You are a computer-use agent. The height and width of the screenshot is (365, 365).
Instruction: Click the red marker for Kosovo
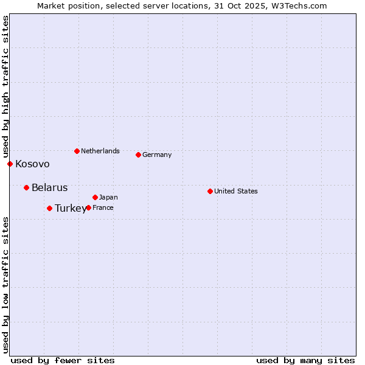point(10,164)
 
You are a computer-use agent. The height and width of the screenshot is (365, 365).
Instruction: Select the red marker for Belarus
point(26,187)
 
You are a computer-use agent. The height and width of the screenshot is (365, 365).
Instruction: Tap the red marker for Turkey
point(49,208)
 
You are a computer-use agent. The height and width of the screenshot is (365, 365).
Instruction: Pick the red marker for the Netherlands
point(77,151)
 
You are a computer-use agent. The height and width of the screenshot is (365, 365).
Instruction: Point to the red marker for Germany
point(138,155)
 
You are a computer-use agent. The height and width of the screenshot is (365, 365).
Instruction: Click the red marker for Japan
point(95,197)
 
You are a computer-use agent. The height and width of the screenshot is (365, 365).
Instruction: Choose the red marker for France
point(88,207)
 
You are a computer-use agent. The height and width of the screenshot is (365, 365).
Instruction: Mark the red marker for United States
point(210,191)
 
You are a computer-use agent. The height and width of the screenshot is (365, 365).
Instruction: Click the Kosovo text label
point(32,164)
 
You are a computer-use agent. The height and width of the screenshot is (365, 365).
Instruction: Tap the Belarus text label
point(49,188)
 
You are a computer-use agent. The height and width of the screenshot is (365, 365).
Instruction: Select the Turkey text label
point(71,209)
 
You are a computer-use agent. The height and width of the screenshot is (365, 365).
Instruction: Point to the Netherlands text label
point(100,151)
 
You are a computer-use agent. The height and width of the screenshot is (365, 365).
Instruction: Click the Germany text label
point(157,155)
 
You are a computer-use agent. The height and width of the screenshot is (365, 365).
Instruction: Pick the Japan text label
point(108,198)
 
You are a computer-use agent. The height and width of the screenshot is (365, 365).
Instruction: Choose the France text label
point(103,208)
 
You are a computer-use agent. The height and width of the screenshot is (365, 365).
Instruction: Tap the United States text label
point(236,192)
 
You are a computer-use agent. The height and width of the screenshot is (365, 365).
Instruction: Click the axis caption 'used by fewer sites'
point(63,360)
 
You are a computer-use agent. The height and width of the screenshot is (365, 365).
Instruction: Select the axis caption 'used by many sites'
point(305,360)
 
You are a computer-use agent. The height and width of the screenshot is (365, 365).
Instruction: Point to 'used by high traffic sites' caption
point(5,85)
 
